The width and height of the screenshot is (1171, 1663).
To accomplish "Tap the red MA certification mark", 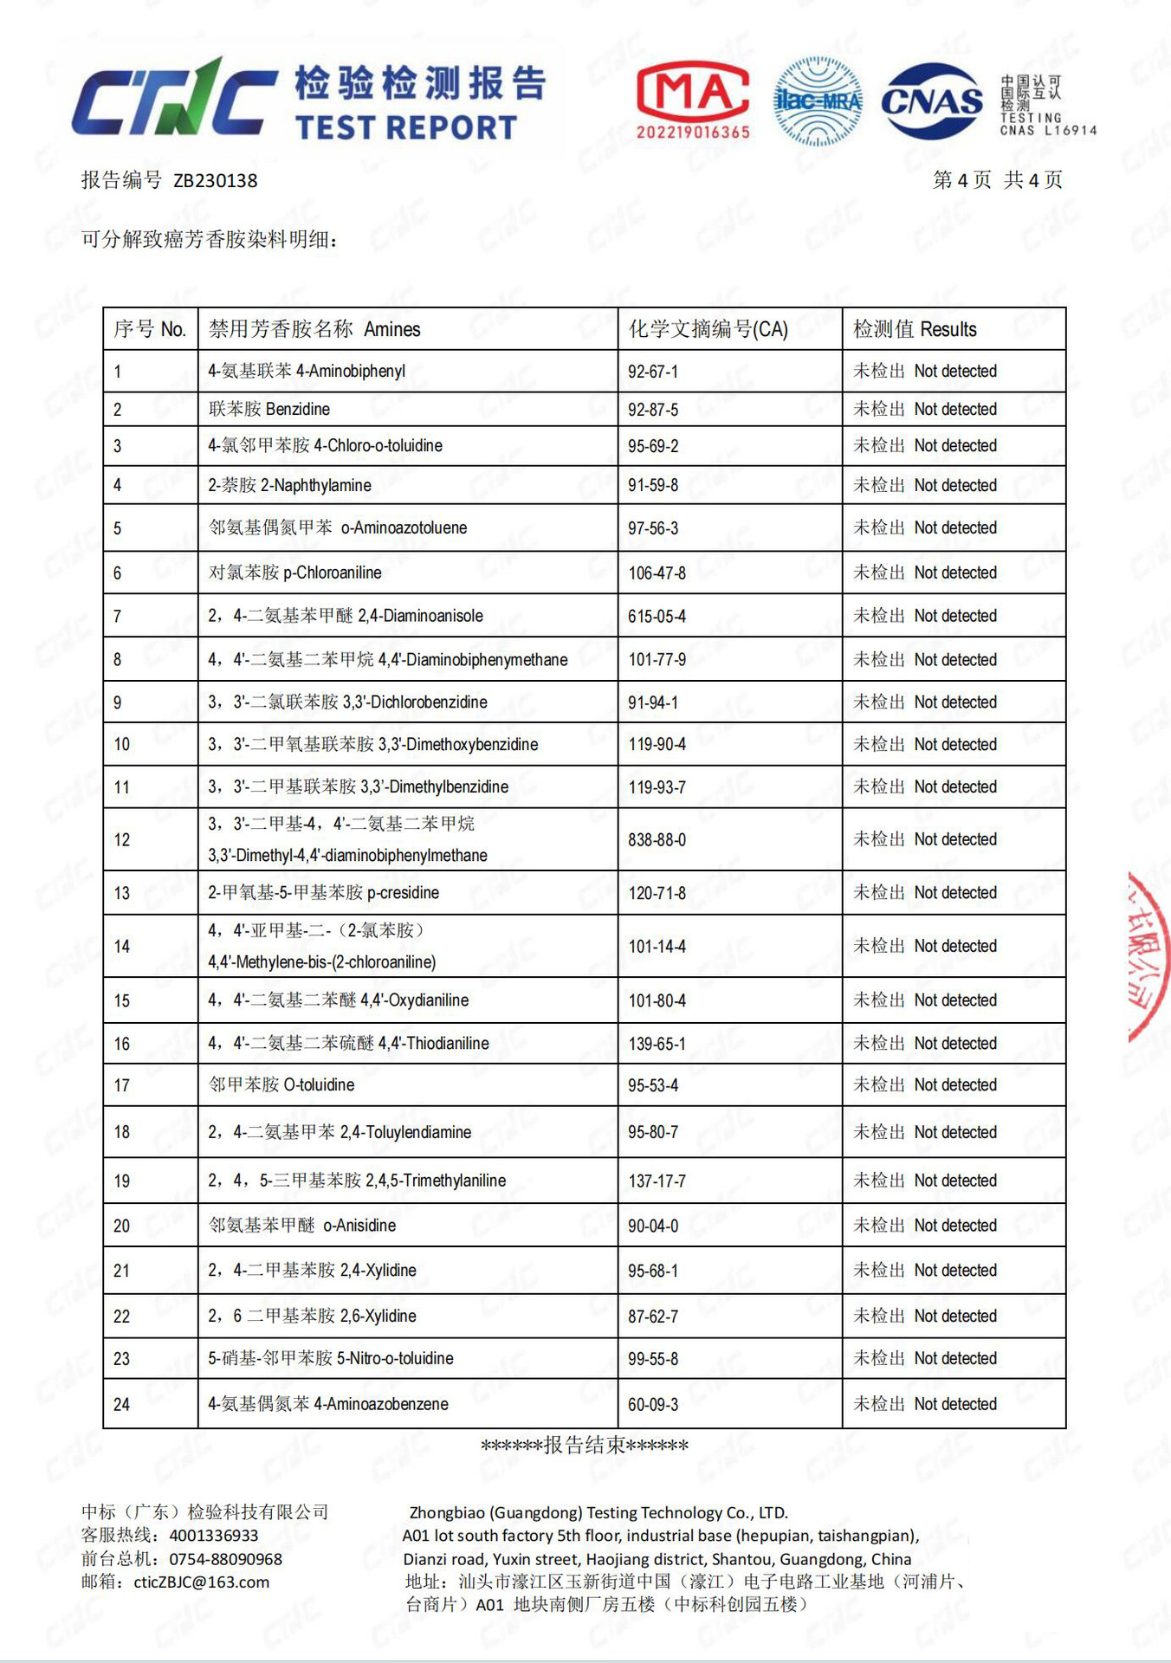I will pyautogui.click(x=693, y=100).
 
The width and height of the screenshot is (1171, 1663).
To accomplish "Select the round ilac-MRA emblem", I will pyautogui.click(x=818, y=101).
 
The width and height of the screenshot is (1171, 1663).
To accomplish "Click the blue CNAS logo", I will pyautogui.click(x=932, y=102).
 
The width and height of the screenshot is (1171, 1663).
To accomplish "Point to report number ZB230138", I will pyautogui.click(x=215, y=180).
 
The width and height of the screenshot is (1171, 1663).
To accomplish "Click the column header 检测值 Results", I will pyautogui.click(x=915, y=329).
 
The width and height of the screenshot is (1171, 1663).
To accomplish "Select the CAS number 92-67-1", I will pyautogui.click(x=653, y=372).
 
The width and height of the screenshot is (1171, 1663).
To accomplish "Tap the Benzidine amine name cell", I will pyautogui.click(x=269, y=409).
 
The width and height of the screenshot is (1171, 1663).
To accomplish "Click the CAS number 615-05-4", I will pyautogui.click(x=657, y=616).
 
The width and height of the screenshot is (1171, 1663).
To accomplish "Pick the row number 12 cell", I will pyautogui.click(x=122, y=839).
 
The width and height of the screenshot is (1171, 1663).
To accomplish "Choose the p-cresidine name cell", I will pyautogui.click(x=323, y=892).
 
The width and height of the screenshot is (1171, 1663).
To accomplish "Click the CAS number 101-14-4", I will pyautogui.click(x=657, y=946).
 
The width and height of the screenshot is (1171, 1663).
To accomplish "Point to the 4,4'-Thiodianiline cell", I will pyautogui.click(x=348, y=1043).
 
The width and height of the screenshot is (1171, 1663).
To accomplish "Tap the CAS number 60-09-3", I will pyautogui.click(x=653, y=1404).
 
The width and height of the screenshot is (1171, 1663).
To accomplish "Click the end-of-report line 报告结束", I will pyautogui.click(x=585, y=1445).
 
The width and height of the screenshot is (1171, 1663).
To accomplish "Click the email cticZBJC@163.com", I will pyautogui.click(x=201, y=1582).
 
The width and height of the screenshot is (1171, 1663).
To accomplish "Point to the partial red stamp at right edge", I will pyautogui.click(x=1150, y=957).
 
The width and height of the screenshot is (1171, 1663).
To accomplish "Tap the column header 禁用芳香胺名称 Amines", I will pyautogui.click(x=314, y=329).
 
